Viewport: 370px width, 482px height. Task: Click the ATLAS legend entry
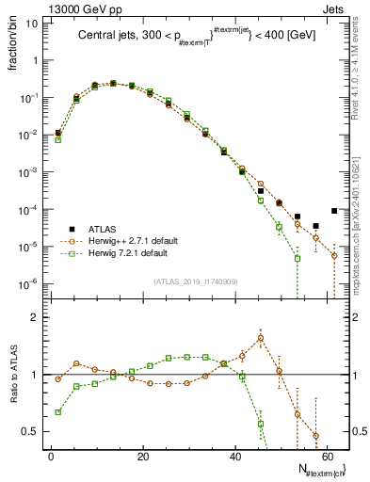(101, 229)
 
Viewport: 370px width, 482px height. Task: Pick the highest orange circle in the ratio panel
(260, 338)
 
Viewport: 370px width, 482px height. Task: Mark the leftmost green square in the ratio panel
(58, 411)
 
